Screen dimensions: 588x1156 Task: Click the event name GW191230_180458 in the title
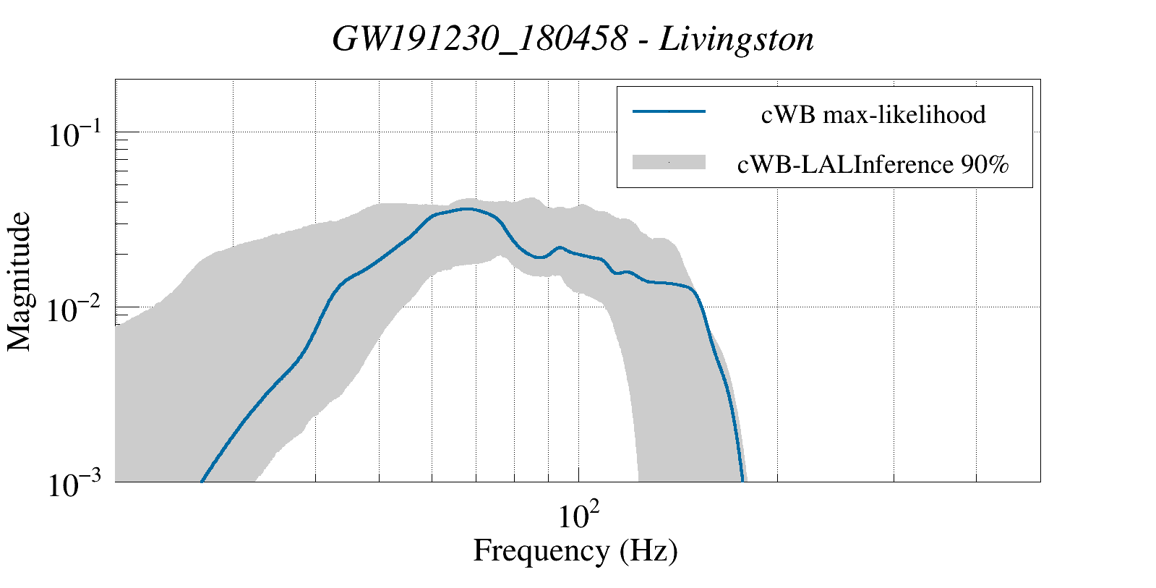(479, 40)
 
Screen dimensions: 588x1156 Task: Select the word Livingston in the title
(736, 40)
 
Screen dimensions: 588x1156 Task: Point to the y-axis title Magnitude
(20, 281)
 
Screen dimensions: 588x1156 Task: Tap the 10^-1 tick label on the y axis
(78, 135)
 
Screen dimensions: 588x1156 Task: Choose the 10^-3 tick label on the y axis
(78, 485)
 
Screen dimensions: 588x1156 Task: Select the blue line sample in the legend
(669, 111)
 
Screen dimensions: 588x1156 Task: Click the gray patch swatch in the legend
(669, 163)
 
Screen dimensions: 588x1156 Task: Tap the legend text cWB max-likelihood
(873, 114)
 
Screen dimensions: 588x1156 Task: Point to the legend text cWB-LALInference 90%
(873, 166)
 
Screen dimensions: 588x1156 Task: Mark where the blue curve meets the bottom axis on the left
(202, 480)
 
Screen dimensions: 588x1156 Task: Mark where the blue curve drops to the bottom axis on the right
(742, 480)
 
